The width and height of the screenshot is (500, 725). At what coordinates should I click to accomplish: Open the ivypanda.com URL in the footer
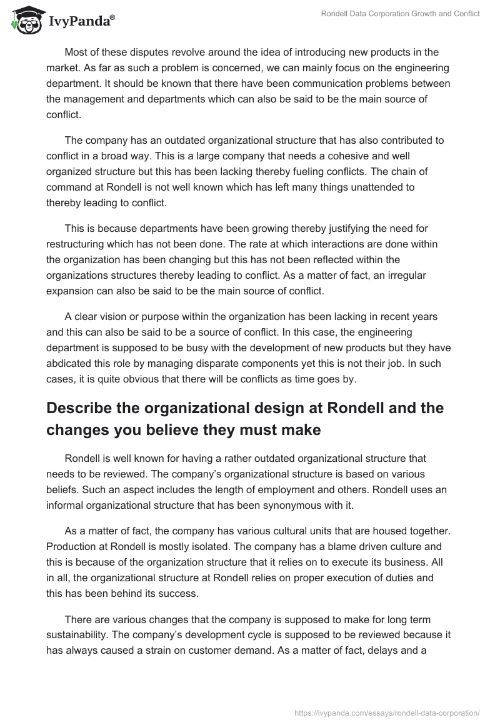[x=386, y=712]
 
